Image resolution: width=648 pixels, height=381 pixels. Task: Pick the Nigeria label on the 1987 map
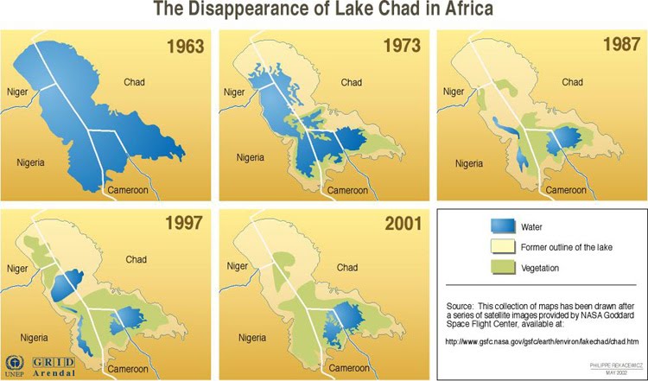pyautogui.click(x=469, y=162)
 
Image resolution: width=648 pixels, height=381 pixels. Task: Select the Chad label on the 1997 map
pyautogui.click(x=136, y=259)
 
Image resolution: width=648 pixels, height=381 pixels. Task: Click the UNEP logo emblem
pyautogui.click(x=15, y=363)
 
